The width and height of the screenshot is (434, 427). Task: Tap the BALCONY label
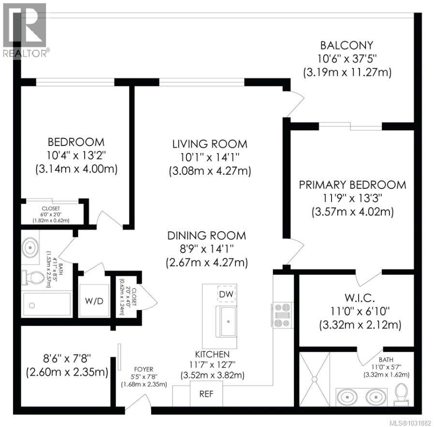coord(347,45)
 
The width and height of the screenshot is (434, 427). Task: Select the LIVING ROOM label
coord(210,144)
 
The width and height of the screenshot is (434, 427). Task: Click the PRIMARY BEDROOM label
coord(352,185)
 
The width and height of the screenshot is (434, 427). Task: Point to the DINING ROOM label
coord(207,236)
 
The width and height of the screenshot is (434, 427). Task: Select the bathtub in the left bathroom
coord(46,305)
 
